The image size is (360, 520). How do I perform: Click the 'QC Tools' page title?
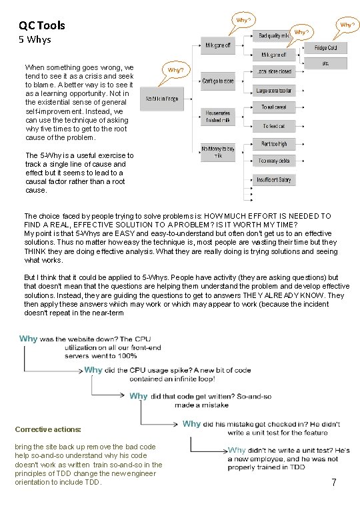tap(41, 25)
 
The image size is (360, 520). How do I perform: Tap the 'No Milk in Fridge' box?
tap(162, 99)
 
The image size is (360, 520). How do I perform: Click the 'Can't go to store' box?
tap(218, 81)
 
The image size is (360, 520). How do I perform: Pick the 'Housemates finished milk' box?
tap(218, 117)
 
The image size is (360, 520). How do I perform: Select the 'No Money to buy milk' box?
tap(218, 151)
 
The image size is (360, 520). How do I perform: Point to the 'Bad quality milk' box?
tap(274, 35)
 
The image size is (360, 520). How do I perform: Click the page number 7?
tap(333, 481)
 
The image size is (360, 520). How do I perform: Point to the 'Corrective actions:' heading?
tap(48, 429)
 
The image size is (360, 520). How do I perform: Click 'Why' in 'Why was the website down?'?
tap(29, 339)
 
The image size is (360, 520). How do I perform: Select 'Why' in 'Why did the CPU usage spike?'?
tap(93, 369)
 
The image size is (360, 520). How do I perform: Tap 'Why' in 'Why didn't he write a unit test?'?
tap(237, 451)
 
